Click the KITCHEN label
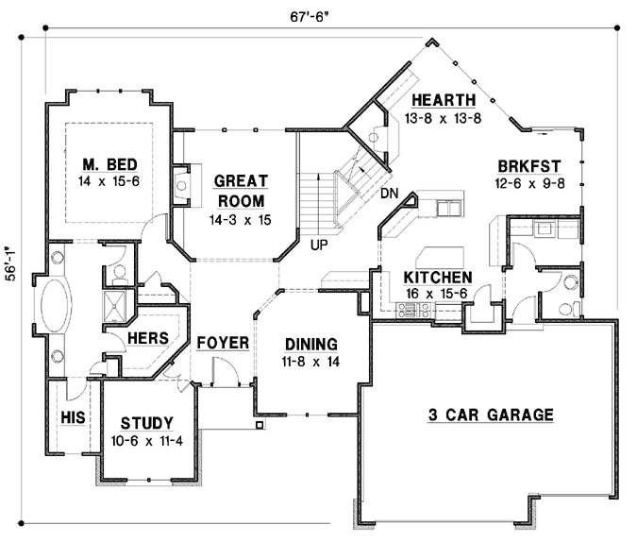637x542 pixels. tap(437, 278)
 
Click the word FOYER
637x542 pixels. tap(222, 342)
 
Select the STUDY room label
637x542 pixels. tap(146, 422)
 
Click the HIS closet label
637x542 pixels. tap(73, 415)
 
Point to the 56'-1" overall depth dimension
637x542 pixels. tap(11, 273)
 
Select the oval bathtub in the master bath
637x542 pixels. tap(53, 313)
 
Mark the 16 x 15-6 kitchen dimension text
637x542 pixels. tap(437, 293)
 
